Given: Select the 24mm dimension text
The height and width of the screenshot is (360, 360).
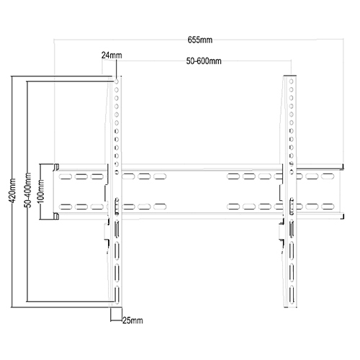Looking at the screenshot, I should tap(109, 55).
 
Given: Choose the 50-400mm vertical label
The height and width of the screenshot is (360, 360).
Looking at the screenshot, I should tap(27, 191).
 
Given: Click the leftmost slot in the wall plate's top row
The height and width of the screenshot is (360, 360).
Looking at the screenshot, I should tap(65, 176).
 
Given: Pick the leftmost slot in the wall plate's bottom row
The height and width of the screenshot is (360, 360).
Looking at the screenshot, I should tap(65, 207).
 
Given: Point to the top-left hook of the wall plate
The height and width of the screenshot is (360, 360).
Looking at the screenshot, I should tap(53, 167).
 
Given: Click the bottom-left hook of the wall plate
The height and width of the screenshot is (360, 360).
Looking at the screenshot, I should tap(53, 216).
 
